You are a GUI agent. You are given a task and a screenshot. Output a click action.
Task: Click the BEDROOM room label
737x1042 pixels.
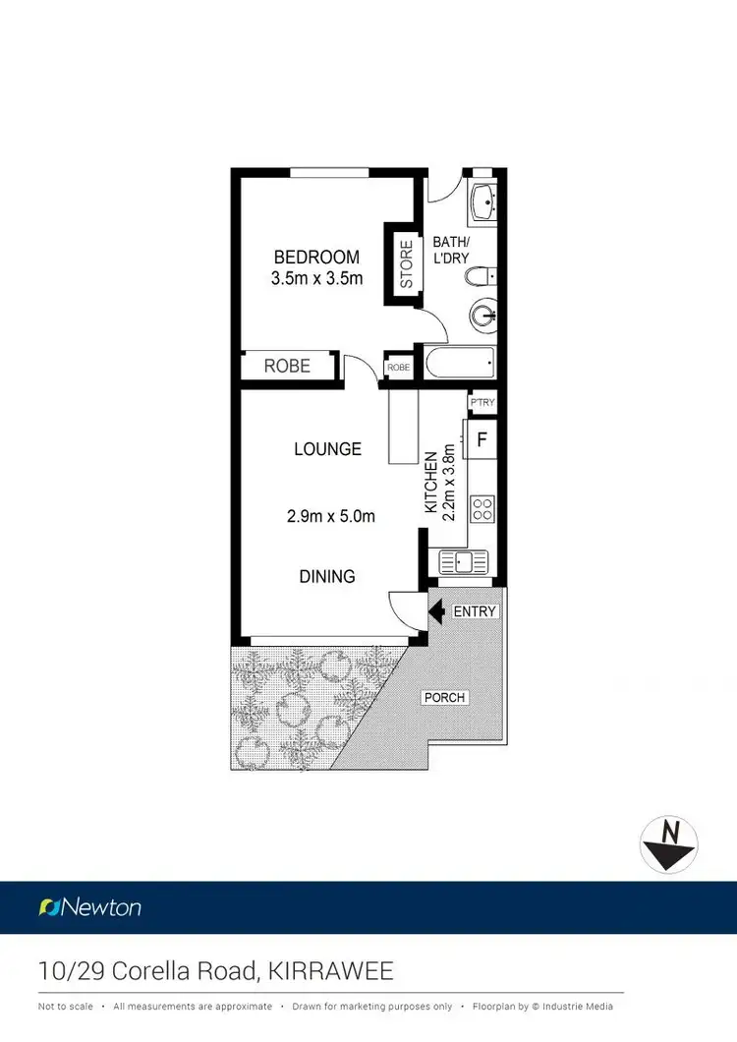(x=315, y=258)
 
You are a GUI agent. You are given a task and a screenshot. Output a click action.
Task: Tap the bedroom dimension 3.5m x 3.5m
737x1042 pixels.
(x=315, y=278)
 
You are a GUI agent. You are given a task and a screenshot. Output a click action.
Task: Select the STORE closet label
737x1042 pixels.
(x=405, y=260)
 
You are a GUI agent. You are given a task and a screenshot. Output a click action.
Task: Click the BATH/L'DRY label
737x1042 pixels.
(x=451, y=251)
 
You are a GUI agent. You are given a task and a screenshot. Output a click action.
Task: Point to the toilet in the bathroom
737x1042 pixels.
(x=480, y=276)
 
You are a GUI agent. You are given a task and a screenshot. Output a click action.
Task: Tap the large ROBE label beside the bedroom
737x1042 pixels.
(x=287, y=366)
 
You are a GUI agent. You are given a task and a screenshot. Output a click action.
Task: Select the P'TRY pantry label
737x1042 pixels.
(x=482, y=404)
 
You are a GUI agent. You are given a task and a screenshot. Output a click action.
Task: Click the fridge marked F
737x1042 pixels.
(x=482, y=439)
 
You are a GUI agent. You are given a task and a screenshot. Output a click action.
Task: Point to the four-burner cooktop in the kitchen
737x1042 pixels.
(x=482, y=509)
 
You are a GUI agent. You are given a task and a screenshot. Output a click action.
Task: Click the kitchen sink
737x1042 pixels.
(x=463, y=561)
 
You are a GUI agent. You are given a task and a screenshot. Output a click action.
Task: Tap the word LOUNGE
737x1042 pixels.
(x=327, y=449)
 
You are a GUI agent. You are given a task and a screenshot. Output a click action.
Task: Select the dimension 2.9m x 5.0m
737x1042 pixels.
(x=330, y=515)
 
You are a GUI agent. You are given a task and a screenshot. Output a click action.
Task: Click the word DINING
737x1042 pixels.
(x=327, y=577)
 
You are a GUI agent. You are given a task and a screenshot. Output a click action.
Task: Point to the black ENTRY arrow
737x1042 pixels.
(x=436, y=611)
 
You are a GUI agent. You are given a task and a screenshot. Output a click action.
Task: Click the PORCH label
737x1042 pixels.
(x=444, y=698)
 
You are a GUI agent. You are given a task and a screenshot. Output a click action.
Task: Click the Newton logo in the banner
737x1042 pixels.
(x=90, y=907)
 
